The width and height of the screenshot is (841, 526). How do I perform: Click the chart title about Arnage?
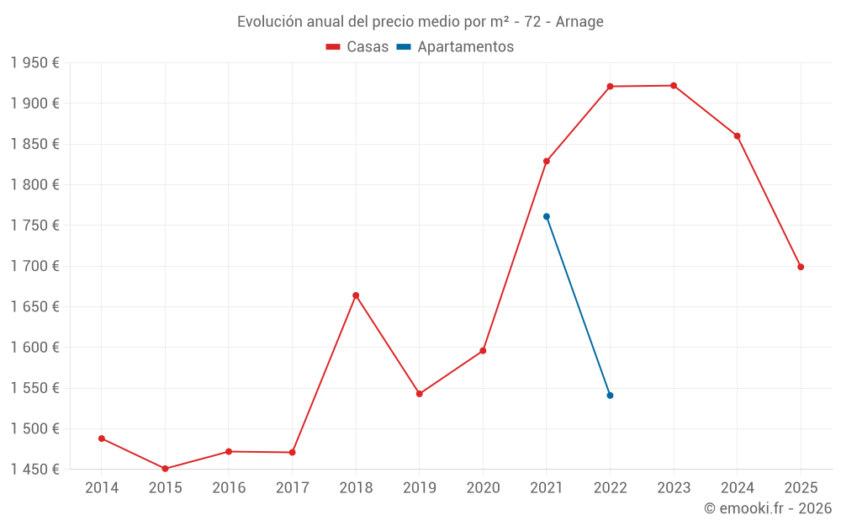420,22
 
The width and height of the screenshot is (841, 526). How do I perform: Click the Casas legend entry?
357,47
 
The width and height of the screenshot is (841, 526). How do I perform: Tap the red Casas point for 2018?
356,295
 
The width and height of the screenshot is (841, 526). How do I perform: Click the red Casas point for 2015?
165,469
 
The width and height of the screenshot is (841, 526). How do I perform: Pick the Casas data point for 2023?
674,86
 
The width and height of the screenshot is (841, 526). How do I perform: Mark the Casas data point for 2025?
801,267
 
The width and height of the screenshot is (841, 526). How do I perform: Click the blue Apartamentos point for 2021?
547,216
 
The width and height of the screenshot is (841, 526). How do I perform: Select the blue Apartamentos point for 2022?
610,396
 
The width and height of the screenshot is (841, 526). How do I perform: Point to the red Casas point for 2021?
547,162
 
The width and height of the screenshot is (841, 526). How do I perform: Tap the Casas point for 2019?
420,394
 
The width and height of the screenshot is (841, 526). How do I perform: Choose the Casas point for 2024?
738,136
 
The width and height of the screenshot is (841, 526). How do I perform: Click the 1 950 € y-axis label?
34,63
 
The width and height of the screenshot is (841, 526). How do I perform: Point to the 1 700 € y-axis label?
34,266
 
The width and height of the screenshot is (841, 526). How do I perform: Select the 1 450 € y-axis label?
34,470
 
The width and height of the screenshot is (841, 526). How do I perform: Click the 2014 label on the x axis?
102,488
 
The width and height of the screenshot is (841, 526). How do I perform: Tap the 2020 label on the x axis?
483,488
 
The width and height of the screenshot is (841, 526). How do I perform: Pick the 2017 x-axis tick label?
292,488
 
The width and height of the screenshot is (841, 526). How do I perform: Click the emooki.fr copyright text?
767,508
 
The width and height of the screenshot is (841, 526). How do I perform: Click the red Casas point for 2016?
229,452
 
